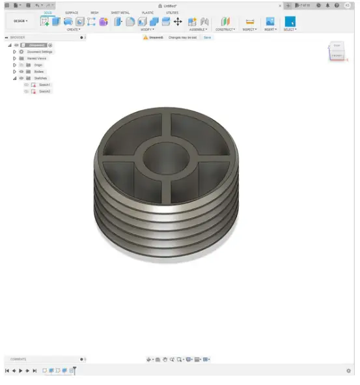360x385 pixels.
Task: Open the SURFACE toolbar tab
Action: click(x=72, y=12)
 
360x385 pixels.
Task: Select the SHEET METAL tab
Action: click(x=119, y=12)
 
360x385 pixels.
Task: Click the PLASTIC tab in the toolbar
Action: click(x=148, y=12)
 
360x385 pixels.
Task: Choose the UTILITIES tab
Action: click(x=172, y=12)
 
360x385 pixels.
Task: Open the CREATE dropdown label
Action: click(x=73, y=29)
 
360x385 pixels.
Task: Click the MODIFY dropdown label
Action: click(x=148, y=29)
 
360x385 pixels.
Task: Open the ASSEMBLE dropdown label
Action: click(x=197, y=29)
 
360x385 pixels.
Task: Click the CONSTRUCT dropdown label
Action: click(x=225, y=29)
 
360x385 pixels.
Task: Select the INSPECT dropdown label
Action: click(x=250, y=29)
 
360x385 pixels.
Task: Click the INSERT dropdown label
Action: click(x=270, y=29)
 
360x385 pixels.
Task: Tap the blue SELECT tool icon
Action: click(x=290, y=21)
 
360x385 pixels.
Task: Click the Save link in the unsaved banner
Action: click(x=208, y=38)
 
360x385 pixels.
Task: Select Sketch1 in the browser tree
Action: click(x=44, y=85)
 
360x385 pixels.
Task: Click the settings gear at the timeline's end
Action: click(x=348, y=371)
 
